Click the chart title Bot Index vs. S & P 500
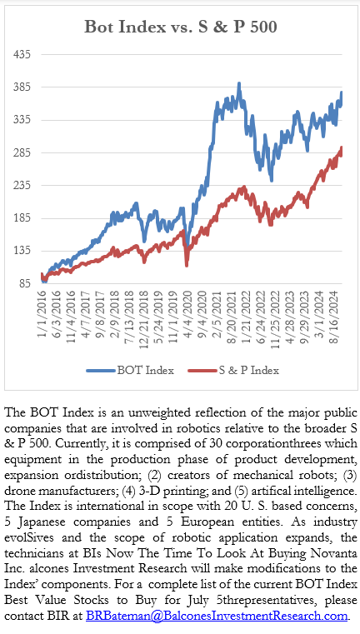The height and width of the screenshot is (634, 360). point(180,27)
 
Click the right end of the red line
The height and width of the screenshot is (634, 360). point(342,148)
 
